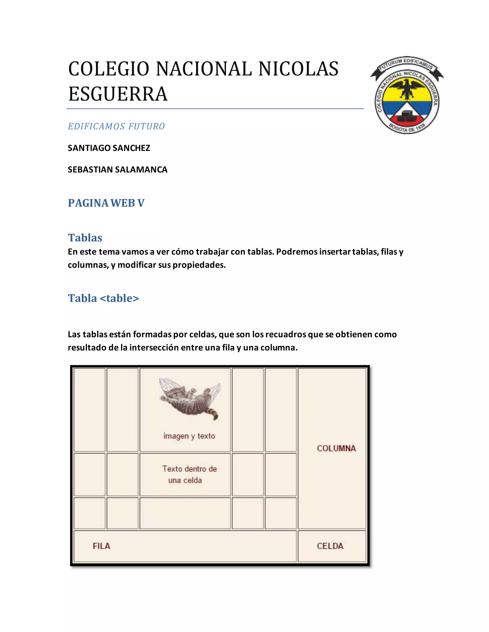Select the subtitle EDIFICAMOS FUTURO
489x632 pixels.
click(116, 126)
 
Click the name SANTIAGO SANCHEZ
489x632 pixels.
click(109, 148)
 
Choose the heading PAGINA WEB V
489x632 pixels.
click(106, 203)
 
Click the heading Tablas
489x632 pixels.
click(85, 238)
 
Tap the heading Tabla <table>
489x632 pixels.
click(103, 298)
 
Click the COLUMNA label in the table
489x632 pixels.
click(336, 448)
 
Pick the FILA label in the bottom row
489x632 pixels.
click(101, 546)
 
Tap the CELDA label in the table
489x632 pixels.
click(330, 546)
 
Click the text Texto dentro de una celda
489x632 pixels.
click(189, 475)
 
